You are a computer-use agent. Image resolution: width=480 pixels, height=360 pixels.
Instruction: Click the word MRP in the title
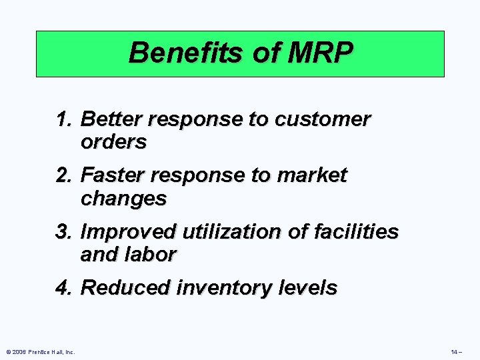322,52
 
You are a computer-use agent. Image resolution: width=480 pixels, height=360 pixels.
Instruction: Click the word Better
111,119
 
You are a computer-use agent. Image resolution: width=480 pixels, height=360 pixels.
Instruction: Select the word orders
113,142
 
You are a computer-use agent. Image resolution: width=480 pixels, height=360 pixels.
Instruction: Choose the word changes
123,199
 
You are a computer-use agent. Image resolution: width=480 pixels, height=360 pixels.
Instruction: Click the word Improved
127,232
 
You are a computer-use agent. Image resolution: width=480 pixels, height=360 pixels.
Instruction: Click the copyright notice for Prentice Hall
40,351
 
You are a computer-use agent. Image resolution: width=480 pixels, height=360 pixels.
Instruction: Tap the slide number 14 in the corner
456,351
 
